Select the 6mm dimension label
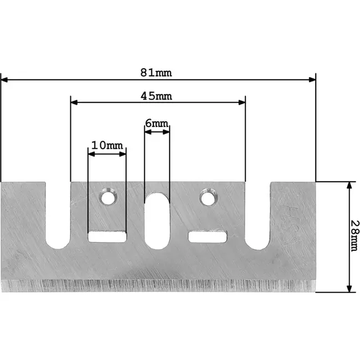[157, 124]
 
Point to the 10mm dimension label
[107, 145]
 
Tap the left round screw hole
[107, 197]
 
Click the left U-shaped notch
[58, 216]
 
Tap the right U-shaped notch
[258, 216]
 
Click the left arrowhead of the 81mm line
[5, 80]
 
